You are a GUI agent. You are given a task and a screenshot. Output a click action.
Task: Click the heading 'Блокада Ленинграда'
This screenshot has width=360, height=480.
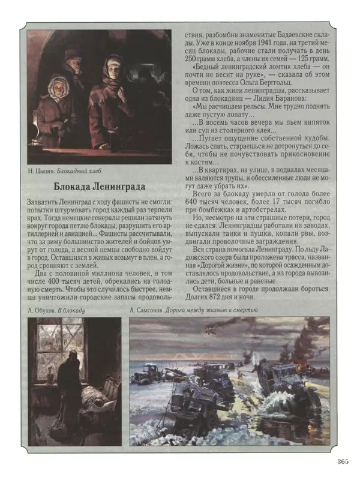point(103,185)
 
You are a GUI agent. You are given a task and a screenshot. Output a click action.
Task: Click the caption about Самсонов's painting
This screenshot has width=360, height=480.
point(193,310)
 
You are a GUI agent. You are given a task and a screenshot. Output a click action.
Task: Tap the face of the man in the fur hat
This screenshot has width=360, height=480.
point(71,62)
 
